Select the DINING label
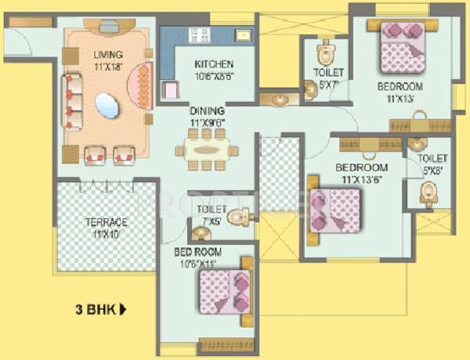click(x=207, y=110)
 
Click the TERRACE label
click(x=106, y=223)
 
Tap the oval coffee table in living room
click(x=108, y=104)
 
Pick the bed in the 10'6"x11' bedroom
click(x=226, y=291)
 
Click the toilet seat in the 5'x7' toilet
click(x=324, y=56)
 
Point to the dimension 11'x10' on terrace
click(x=106, y=234)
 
